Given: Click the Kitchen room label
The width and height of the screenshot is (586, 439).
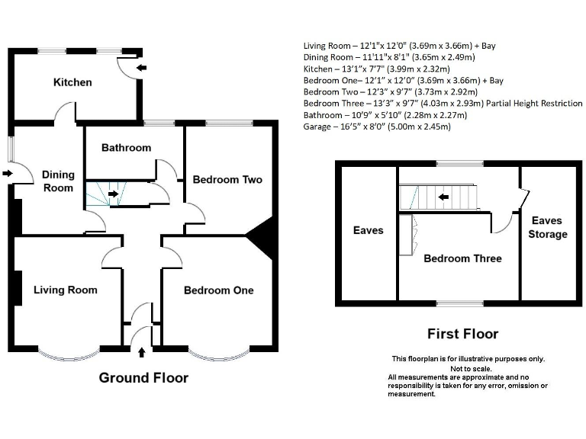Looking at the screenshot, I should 72,82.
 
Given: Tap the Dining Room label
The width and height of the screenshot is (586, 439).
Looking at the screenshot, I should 58,181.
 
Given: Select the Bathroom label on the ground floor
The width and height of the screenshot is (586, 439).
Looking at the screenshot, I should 126,147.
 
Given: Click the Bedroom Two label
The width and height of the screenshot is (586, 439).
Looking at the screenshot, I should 227,179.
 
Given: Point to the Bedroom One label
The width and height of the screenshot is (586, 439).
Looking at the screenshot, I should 218,290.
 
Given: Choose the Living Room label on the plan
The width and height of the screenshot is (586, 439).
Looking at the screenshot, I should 65,290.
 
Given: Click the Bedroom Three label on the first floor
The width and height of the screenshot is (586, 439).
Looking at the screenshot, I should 462,258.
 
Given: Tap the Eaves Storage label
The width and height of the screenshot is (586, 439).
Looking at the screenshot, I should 547,227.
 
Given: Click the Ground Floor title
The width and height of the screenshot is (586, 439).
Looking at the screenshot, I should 143,378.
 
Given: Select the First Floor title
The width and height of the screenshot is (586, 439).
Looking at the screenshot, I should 462,334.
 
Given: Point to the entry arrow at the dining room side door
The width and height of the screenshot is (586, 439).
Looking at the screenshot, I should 8,174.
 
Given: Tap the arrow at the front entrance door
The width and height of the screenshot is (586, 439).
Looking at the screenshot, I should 142,352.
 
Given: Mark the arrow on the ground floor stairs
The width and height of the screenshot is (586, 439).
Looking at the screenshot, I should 113,194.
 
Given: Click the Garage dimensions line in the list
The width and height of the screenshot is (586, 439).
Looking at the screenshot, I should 377,127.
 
